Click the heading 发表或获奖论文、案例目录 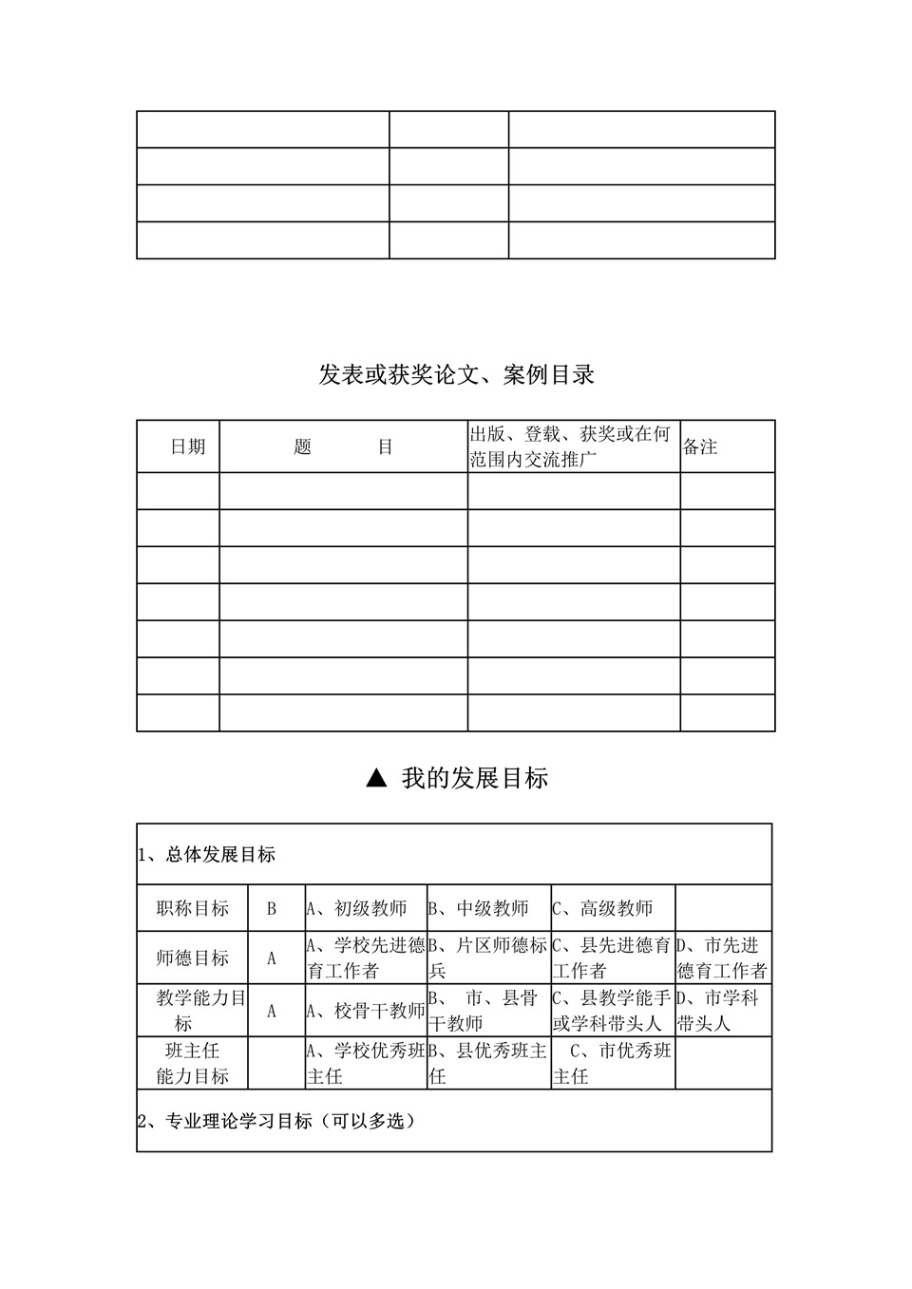tap(456, 375)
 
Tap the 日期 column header tap(187, 446)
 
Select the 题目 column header tap(343, 446)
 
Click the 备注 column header tap(700, 446)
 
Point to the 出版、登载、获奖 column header tap(570, 446)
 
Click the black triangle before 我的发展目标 tap(376, 779)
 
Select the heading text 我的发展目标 tap(474, 779)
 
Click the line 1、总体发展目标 tap(207, 855)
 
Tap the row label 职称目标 tap(193, 909)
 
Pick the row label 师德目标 tap(193, 958)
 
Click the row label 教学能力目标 tap(193, 1011)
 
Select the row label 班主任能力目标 tap(193, 1063)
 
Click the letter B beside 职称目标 tap(272, 909)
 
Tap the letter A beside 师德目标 tap(272, 958)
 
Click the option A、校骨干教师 tap(366, 1011)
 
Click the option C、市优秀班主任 tap(613, 1063)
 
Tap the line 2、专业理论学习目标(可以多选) tap(276, 1122)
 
